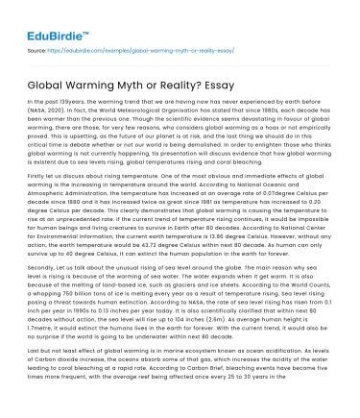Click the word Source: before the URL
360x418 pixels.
[x=38, y=46]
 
